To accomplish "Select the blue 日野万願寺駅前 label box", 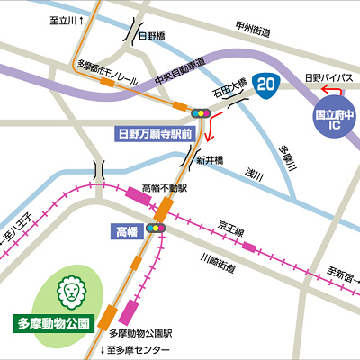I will click(x=157, y=133).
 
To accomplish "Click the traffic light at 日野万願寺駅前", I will click(x=200, y=113).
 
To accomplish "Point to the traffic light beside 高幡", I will click(x=157, y=229).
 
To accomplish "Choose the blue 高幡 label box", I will click(x=125, y=231).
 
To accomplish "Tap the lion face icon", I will click(x=69, y=291).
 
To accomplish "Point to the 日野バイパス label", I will click(x=326, y=78).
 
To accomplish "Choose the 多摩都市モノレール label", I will click(x=107, y=65).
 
